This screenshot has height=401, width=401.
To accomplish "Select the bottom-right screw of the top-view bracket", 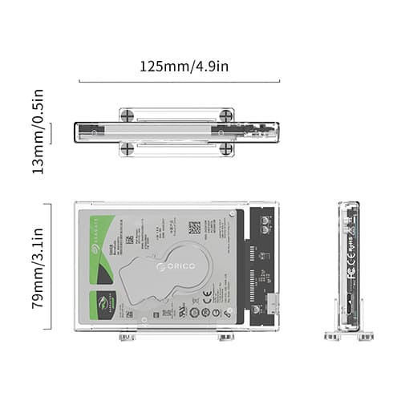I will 227,148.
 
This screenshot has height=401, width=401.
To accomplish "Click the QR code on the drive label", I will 194,229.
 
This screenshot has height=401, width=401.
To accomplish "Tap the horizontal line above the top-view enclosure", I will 180,81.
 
